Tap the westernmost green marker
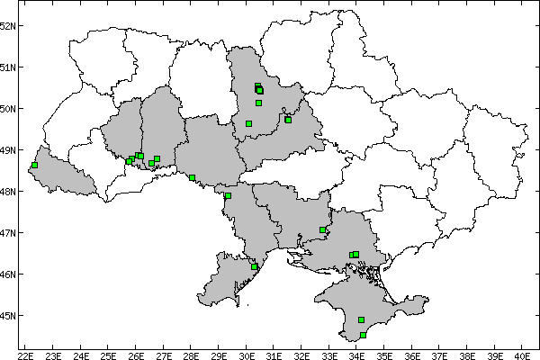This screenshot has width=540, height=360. [34, 166]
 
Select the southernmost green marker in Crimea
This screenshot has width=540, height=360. [363, 336]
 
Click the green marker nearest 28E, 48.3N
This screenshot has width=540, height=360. [192, 177]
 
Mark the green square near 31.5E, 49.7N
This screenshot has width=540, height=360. [288, 120]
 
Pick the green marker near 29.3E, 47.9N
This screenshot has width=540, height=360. [228, 195]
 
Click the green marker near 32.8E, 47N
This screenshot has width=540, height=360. [322, 230]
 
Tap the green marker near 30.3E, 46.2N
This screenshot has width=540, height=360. [255, 266]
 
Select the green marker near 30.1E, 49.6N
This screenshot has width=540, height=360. [248, 123]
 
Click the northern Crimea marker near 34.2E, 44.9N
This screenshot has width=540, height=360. [361, 319]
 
